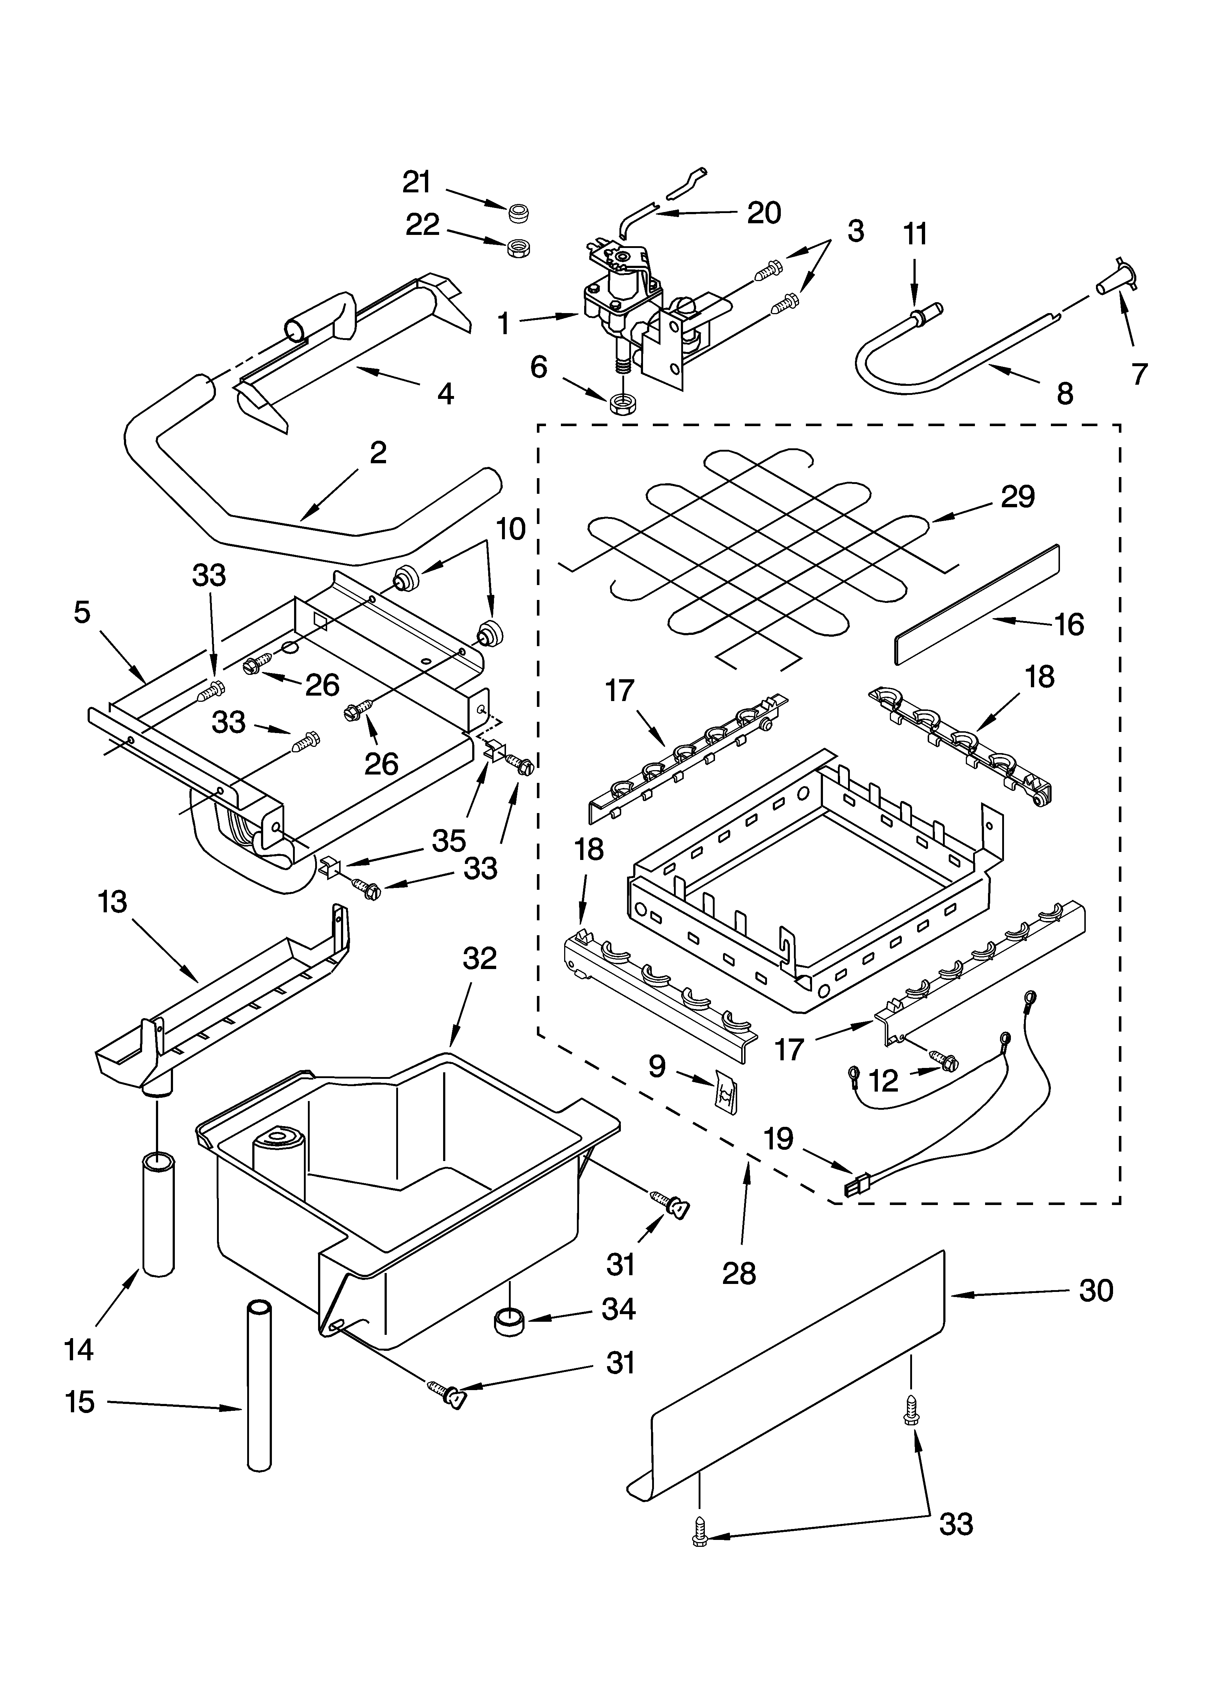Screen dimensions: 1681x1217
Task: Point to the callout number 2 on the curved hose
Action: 378,453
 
